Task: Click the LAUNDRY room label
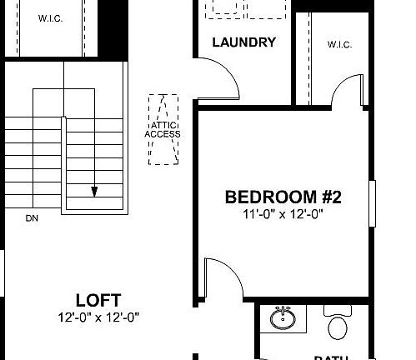[243, 42]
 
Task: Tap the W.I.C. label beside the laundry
[338, 45]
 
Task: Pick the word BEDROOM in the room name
[268, 197]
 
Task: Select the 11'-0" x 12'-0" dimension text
[284, 214]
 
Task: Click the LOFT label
[98, 300]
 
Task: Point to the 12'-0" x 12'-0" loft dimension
[98, 317]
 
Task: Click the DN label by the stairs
[32, 219]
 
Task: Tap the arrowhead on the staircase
[94, 192]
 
